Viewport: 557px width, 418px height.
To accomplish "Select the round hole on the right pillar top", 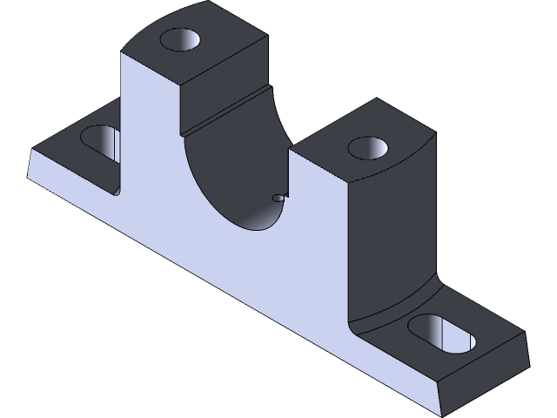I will pyautogui.click(x=366, y=147).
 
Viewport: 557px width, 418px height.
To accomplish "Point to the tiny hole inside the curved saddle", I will pyautogui.click(x=278, y=199).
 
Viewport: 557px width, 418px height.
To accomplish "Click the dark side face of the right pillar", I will pyautogui.click(x=392, y=235).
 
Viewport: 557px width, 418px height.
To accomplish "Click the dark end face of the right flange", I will pyautogui.click(x=483, y=374).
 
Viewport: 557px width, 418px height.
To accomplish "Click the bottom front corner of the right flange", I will pyautogui.click(x=443, y=410).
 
